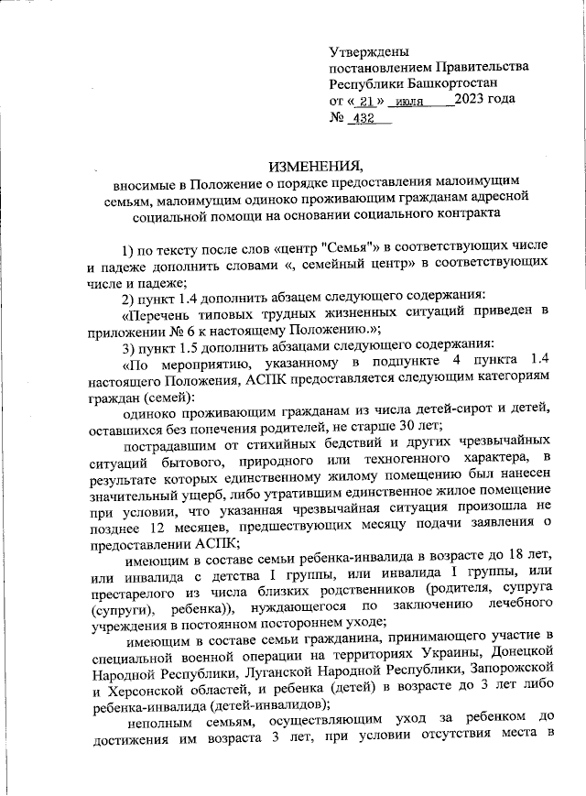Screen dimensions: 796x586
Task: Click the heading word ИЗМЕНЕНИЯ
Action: (x=315, y=166)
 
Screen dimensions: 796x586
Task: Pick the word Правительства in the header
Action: (x=482, y=67)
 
